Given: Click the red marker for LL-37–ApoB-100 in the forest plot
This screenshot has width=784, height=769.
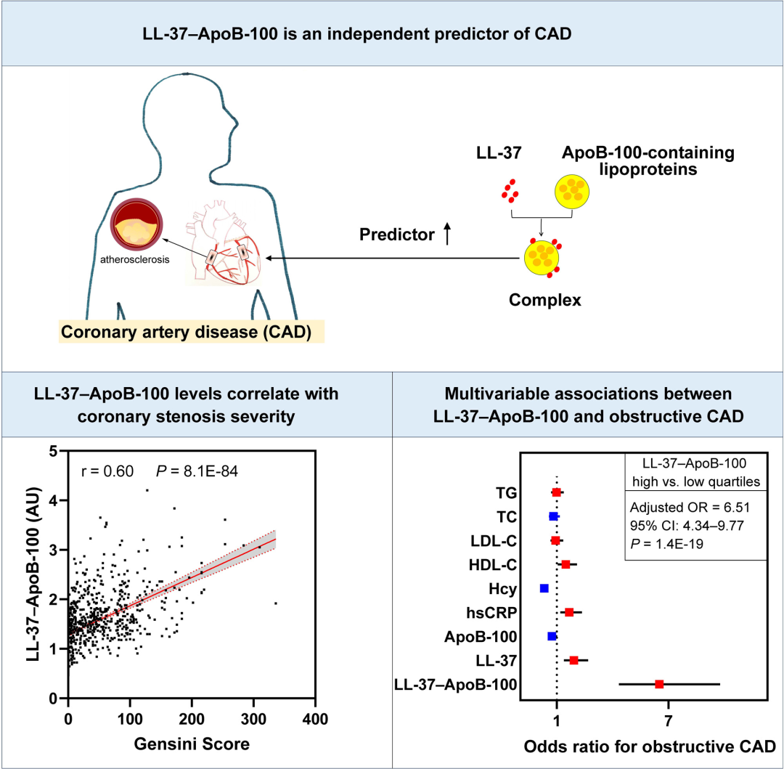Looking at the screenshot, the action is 659,684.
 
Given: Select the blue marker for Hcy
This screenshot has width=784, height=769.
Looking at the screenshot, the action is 544,588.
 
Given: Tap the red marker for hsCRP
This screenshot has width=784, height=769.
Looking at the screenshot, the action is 569,612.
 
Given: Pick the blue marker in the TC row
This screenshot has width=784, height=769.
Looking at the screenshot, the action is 553,516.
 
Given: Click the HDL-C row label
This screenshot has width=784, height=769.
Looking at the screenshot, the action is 492,565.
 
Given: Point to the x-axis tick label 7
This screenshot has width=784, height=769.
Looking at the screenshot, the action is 668,721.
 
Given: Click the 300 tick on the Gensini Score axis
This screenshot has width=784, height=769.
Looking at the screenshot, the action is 253,719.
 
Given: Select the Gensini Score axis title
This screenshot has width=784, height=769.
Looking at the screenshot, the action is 192,744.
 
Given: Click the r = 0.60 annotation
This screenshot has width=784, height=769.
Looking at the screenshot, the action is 107,471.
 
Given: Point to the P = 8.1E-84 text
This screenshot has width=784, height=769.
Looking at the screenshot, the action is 197,471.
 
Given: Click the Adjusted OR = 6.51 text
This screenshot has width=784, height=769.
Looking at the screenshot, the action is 690,508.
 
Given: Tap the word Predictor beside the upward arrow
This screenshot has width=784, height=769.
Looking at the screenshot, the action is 397,235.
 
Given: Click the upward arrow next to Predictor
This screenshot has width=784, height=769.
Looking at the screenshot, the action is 447,234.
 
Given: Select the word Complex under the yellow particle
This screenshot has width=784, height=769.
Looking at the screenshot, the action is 545,300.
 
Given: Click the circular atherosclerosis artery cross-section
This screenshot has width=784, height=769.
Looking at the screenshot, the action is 136,224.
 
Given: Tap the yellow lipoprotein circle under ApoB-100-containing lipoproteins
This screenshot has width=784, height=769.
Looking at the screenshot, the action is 572,192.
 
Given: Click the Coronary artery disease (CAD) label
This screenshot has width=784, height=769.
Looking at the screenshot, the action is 186,332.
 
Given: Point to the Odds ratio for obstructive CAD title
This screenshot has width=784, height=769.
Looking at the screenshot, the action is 650,746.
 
